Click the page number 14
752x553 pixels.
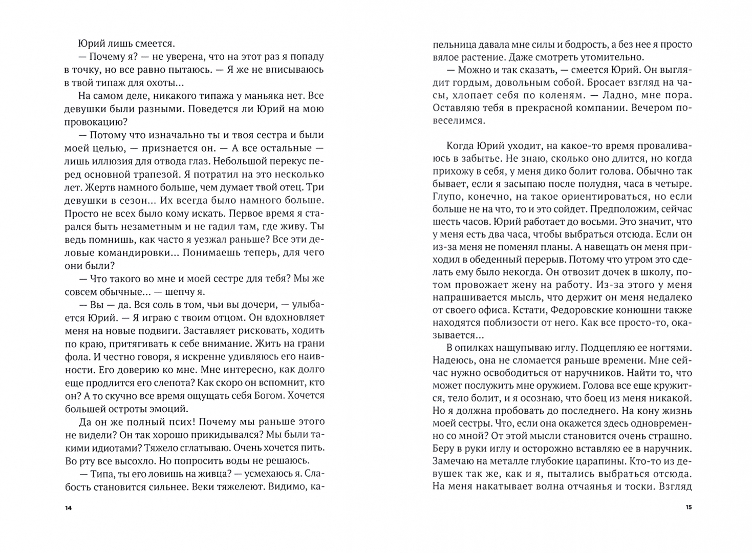click(x=68, y=508)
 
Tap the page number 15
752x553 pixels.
click(x=689, y=508)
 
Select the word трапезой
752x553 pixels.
click(x=155, y=174)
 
